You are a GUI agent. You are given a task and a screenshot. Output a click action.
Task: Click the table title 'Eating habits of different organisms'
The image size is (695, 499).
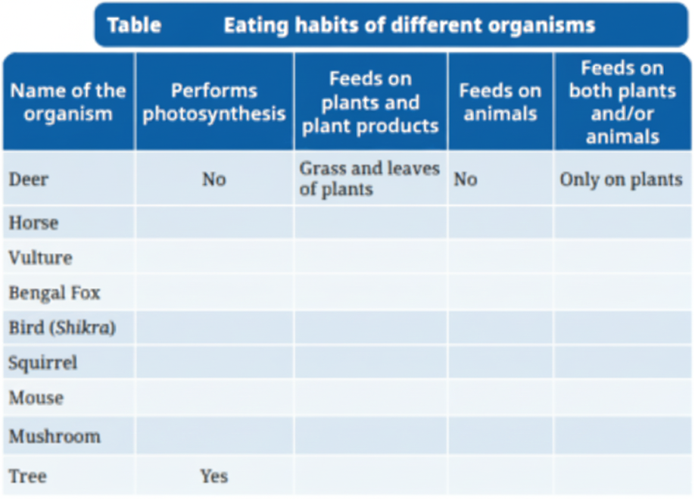click(409, 25)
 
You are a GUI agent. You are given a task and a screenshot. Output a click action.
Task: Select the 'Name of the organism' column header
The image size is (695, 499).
click(68, 102)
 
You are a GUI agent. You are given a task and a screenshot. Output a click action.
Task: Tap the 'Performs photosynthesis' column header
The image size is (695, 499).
click(214, 102)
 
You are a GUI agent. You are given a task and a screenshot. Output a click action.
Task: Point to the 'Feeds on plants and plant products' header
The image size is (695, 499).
click(370, 102)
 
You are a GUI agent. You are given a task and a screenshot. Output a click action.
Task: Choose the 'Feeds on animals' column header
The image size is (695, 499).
click(500, 102)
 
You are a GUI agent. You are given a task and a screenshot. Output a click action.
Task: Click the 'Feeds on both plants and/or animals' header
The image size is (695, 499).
click(622, 102)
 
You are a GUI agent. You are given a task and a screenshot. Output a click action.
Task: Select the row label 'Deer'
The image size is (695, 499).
click(28, 179)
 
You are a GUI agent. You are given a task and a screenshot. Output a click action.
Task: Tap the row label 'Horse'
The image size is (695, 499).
click(33, 223)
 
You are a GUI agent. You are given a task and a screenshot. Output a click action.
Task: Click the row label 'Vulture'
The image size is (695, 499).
click(40, 257)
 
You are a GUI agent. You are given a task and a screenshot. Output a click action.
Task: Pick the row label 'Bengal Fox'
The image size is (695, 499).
click(54, 293)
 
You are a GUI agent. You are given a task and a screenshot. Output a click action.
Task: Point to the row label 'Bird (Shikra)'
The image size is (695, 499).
click(62, 328)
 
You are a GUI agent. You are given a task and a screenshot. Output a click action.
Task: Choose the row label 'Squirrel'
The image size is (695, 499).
click(42, 363)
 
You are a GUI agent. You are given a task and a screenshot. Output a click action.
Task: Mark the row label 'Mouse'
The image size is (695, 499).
click(36, 398)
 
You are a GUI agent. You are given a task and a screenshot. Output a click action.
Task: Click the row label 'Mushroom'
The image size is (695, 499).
click(54, 436)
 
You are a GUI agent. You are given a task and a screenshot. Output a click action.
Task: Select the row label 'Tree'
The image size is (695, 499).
click(27, 476)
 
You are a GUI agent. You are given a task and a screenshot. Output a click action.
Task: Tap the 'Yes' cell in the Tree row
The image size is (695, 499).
click(214, 476)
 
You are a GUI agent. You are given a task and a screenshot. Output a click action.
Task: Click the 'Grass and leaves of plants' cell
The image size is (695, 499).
click(369, 179)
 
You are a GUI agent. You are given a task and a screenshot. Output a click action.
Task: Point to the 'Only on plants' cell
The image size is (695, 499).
click(621, 179)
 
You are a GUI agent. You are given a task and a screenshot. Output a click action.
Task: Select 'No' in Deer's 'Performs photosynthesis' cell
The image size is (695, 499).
click(214, 179)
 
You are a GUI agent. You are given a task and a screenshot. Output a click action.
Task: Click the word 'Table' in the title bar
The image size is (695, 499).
click(134, 25)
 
